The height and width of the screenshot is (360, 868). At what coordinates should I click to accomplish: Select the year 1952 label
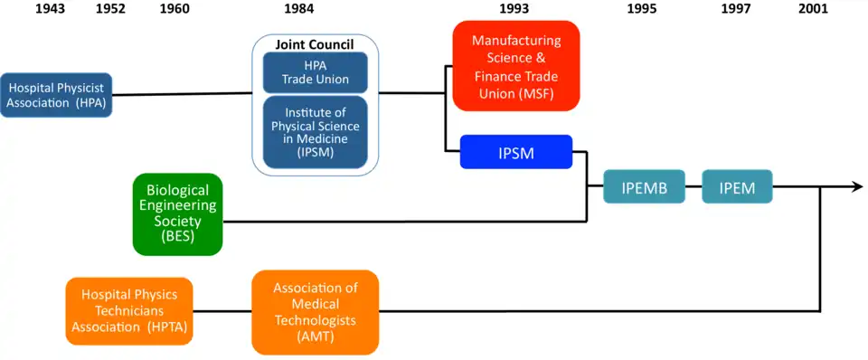click(x=109, y=10)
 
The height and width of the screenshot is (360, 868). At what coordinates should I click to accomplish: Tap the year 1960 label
click(x=174, y=10)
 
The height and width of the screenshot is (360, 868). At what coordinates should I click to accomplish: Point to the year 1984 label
click(x=315, y=10)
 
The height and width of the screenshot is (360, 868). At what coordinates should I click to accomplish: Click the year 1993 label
click(x=515, y=10)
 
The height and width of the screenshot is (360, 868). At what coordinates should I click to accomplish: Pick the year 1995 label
click(x=641, y=10)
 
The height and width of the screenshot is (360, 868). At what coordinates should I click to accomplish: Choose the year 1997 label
click(x=736, y=10)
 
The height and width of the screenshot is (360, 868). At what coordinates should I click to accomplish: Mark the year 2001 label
click(x=814, y=10)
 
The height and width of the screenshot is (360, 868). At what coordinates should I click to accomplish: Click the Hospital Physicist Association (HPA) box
click(x=56, y=94)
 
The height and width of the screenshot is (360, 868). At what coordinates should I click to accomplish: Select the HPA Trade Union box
click(x=315, y=72)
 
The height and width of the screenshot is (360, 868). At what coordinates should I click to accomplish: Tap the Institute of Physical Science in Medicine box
click(x=315, y=133)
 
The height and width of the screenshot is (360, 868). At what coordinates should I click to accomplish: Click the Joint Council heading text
click(x=315, y=44)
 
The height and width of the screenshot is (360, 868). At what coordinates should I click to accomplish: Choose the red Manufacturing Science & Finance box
click(x=515, y=66)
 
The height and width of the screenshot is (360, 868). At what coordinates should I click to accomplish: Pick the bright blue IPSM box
click(x=515, y=152)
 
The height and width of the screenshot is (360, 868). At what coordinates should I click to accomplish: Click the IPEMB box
click(x=645, y=187)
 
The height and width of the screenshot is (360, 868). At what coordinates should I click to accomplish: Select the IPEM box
click(x=737, y=187)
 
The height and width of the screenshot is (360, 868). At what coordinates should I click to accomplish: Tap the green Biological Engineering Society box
click(x=177, y=213)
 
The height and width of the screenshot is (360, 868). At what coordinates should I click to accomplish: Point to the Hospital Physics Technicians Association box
click(x=129, y=311)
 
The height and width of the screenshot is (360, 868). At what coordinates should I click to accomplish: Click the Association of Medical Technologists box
click(x=315, y=311)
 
